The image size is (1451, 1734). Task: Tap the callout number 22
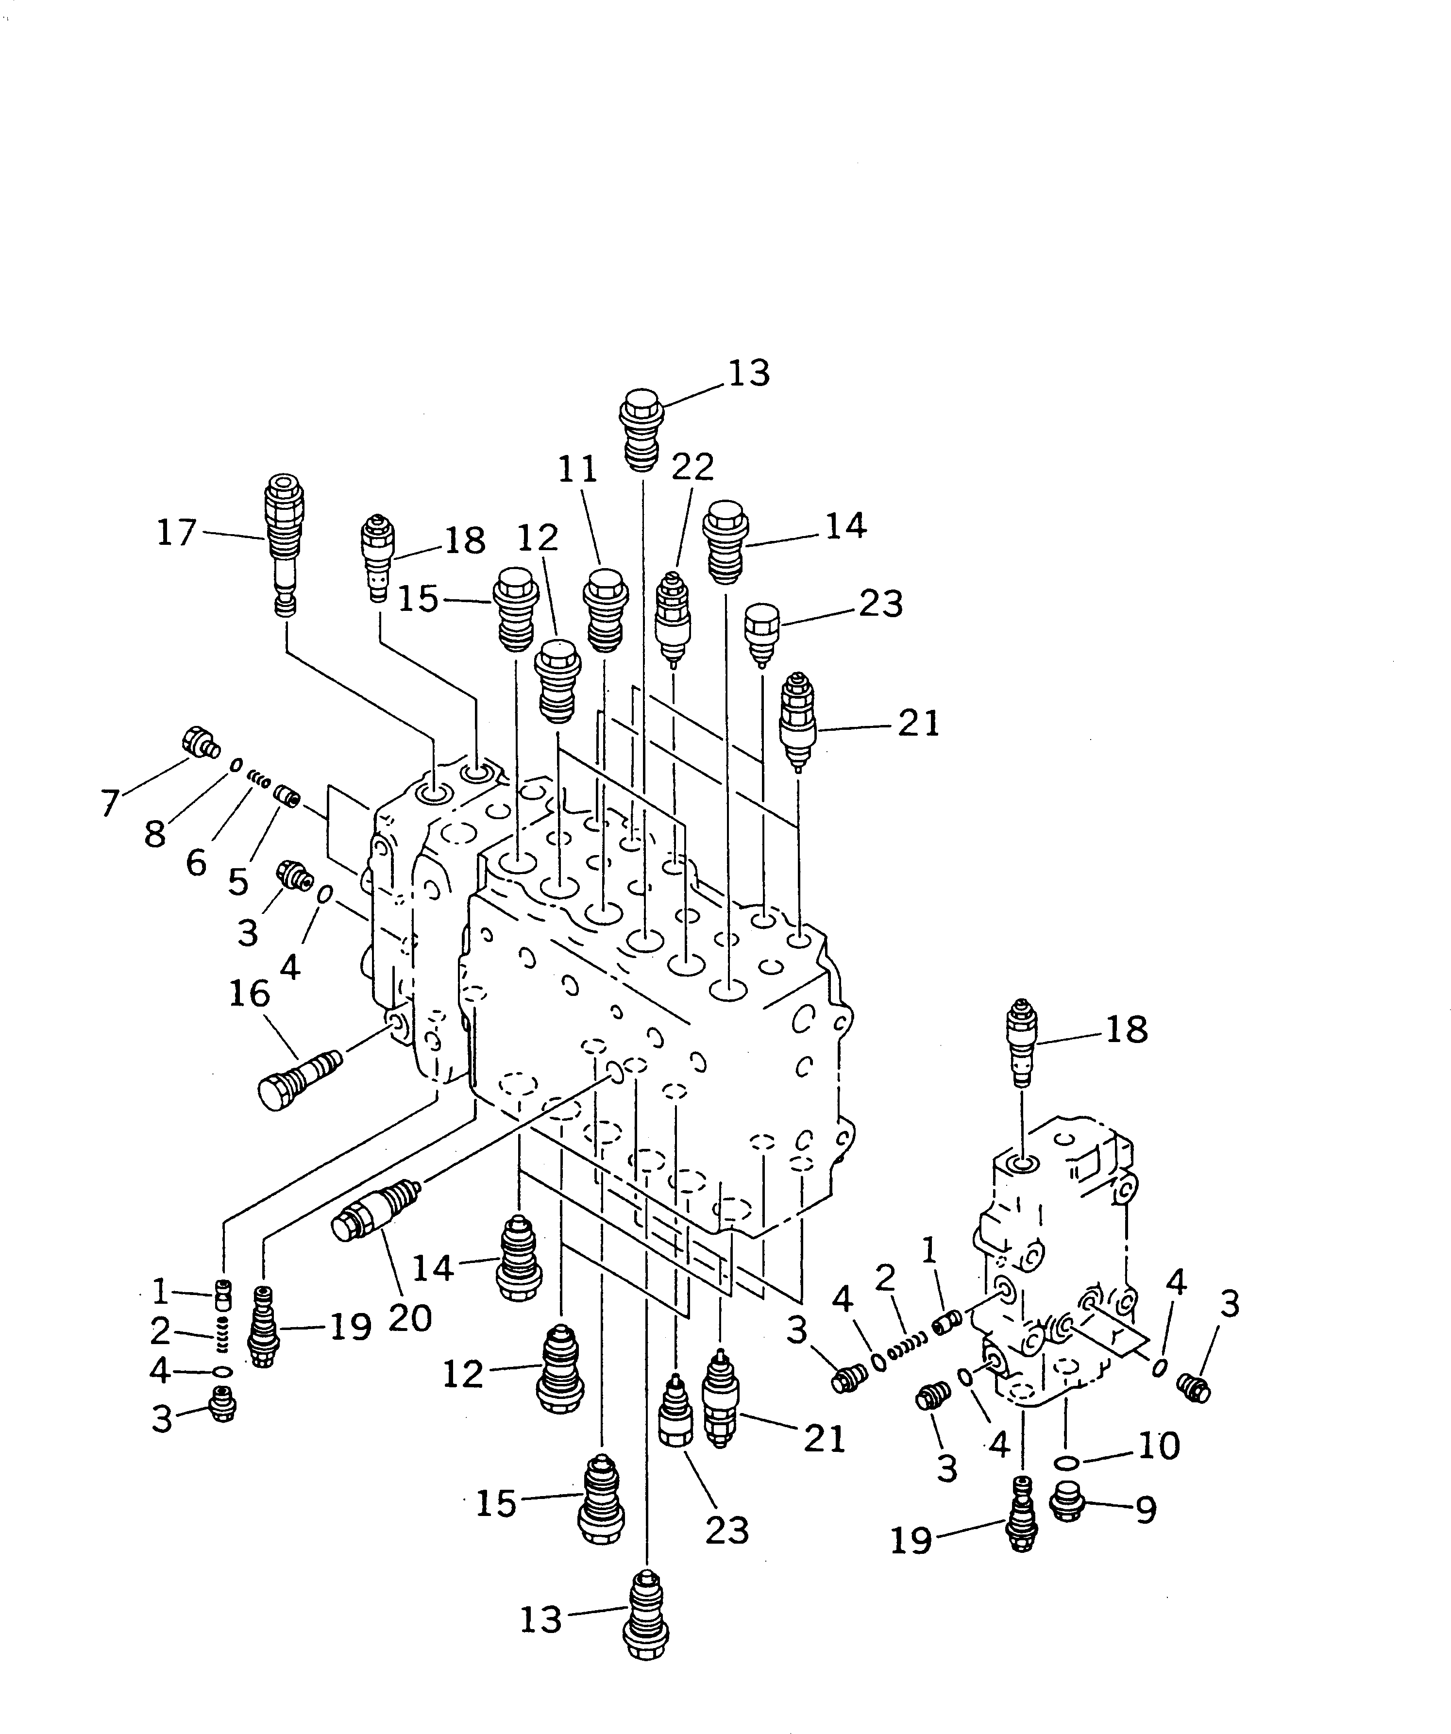(692, 467)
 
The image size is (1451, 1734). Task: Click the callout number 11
(577, 470)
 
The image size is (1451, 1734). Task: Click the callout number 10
(1159, 1445)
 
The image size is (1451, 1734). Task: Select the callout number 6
(196, 863)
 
